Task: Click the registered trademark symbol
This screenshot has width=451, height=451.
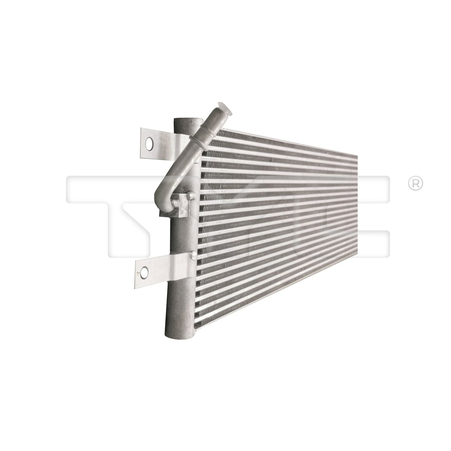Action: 415,184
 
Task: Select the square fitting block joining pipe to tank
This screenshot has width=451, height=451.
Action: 182,205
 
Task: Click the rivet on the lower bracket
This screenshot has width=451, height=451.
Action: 191,256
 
